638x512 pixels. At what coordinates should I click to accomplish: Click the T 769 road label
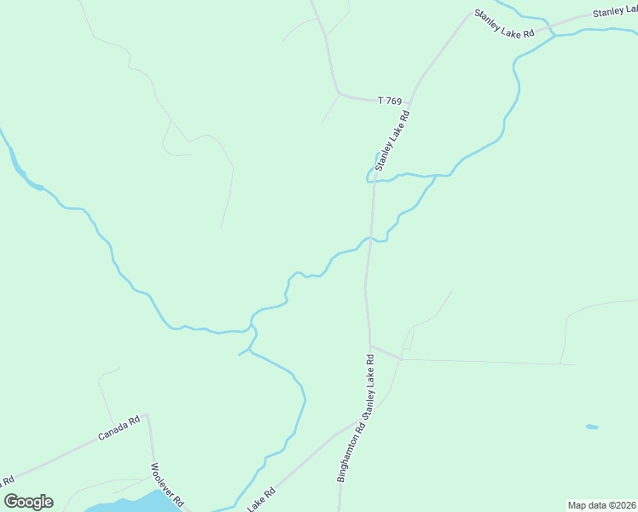point(389,102)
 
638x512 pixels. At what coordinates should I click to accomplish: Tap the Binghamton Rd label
point(351,452)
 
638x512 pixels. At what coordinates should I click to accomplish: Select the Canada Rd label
point(119,428)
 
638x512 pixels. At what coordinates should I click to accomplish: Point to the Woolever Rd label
point(167,485)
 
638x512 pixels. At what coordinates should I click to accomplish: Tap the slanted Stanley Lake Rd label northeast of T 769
point(505,22)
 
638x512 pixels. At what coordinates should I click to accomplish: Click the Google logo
point(28,502)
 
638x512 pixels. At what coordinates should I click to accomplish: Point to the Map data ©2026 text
point(601,505)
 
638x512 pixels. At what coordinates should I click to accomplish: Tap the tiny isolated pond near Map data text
point(592,426)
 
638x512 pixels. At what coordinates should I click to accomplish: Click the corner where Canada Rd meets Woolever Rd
point(148,415)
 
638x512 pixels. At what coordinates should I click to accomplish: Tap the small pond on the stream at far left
point(36,186)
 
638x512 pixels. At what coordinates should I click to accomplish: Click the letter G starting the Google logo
point(11,501)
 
